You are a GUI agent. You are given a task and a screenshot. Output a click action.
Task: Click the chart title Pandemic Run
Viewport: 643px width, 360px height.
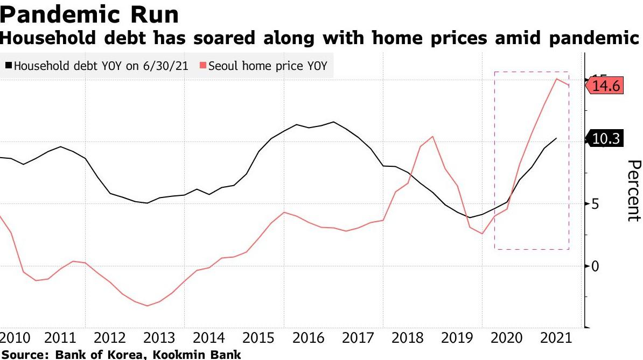pos(89,15)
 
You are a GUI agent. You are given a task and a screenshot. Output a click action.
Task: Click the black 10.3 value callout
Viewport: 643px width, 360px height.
pos(606,139)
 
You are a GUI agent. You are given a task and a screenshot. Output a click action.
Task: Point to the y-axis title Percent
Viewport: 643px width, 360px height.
pos(634,190)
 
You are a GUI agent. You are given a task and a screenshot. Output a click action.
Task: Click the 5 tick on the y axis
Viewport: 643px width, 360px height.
pos(595,204)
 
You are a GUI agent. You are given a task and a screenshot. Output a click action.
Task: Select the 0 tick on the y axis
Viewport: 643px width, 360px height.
pos(595,266)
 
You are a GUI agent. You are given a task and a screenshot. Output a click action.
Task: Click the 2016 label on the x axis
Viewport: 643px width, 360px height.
pos(310,338)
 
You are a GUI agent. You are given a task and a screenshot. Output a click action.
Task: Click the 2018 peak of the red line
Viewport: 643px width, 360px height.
pos(432,137)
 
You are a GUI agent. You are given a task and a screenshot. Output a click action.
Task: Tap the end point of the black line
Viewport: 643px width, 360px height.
pos(556,138)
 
